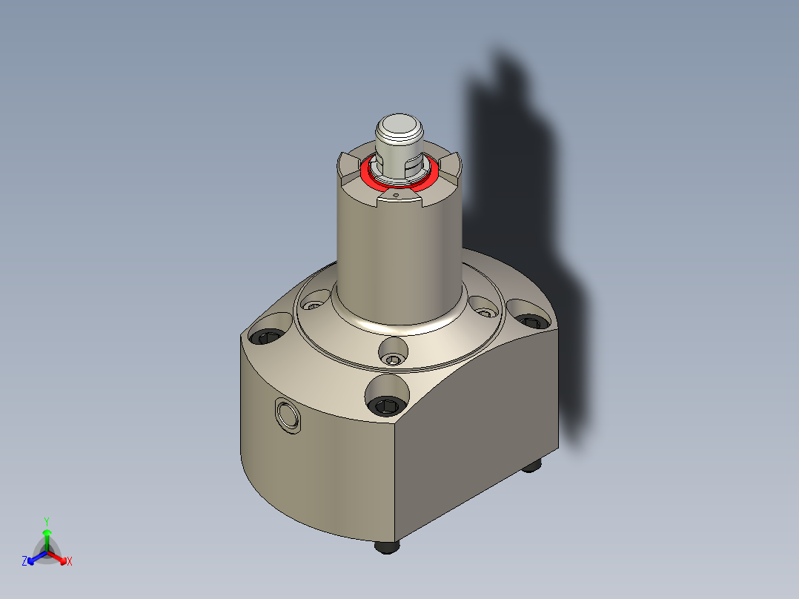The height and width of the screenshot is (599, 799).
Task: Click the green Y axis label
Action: coord(46,520)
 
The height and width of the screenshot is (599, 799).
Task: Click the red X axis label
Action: coord(70,562)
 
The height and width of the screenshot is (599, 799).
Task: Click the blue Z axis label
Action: coord(24,562)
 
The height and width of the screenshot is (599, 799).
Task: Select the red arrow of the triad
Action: coord(59,557)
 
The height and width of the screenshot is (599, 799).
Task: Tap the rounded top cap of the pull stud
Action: coord(399,125)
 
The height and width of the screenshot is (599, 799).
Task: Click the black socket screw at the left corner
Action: coord(268,337)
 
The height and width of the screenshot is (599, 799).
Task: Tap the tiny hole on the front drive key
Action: coord(396,196)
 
